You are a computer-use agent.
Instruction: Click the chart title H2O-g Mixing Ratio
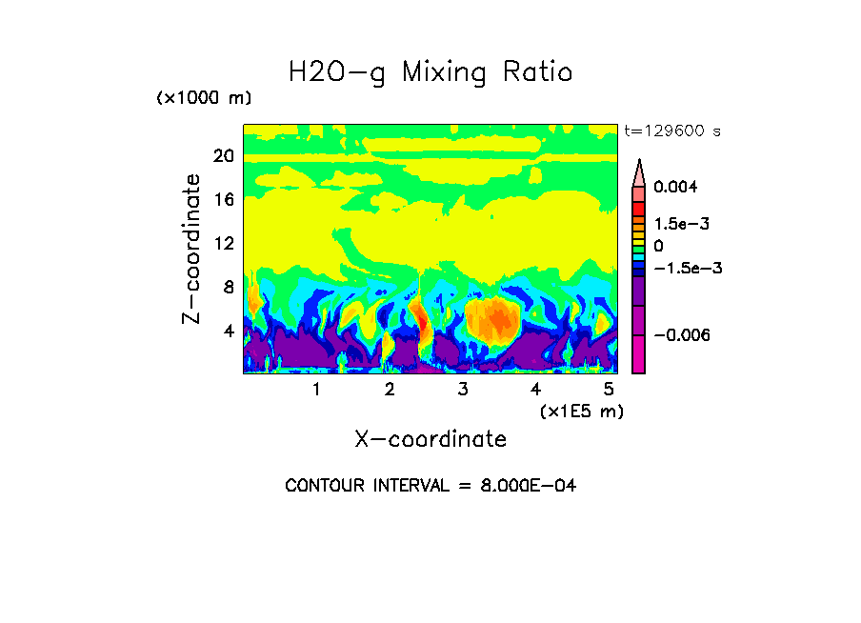coord(430,72)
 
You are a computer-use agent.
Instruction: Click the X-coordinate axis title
coord(430,439)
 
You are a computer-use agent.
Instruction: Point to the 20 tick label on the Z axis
coord(223,157)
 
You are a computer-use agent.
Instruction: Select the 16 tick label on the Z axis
coord(223,200)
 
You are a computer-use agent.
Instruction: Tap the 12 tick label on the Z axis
coord(223,244)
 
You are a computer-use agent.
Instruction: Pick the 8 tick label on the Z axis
coord(229,288)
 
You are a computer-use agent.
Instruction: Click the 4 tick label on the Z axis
coord(229,332)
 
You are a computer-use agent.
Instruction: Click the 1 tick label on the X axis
coord(316,390)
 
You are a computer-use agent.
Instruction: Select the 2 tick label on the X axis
coord(390,390)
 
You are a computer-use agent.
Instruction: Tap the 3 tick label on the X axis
coord(463,390)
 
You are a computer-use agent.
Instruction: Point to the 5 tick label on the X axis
coord(610,390)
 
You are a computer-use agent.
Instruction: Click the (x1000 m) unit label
coord(204,99)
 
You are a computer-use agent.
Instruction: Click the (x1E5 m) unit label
coord(581,412)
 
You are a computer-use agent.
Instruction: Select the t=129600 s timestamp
coord(672,131)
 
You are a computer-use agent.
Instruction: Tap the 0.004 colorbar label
coord(675,187)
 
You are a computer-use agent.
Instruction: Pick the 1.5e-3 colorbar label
coord(682,224)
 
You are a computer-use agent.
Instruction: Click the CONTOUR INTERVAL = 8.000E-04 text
coord(430,486)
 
